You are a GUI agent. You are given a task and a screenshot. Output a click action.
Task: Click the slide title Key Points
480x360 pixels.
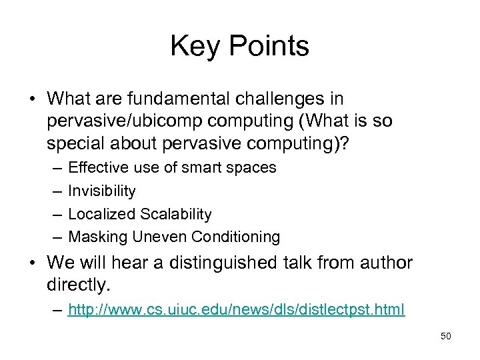[240, 47]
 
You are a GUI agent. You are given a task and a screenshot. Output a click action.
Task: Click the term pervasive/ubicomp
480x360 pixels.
[123, 122]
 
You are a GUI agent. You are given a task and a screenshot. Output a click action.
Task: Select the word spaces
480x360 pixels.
[251, 168]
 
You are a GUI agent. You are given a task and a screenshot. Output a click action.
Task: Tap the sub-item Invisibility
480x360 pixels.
[102, 191]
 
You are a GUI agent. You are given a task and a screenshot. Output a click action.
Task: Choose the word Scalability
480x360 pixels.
[175, 214]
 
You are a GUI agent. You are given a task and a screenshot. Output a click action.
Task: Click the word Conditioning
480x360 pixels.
[236, 237]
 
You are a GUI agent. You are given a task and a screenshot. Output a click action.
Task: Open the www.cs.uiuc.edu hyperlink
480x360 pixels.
[236, 310]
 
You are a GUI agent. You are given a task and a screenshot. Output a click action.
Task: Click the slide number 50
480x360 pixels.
[446, 336]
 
